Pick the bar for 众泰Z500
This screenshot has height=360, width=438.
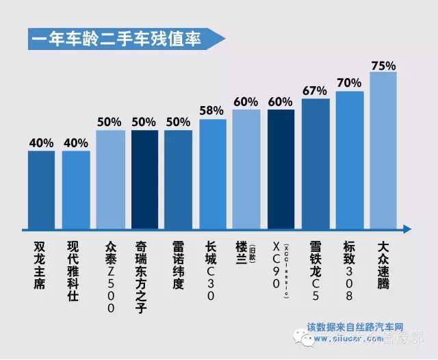tap(110, 179)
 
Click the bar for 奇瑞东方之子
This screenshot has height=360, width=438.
tap(144, 179)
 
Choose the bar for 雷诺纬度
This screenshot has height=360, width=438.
tap(178, 179)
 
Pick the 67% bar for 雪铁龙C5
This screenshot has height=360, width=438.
tap(315, 163)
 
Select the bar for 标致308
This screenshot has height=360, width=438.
tap(349, 159)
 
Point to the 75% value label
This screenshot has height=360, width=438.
tap(383, 66)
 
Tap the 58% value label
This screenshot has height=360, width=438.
tap(212, 110)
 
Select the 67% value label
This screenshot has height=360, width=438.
tap(315, 91)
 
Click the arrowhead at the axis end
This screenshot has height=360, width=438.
tap(407, 229)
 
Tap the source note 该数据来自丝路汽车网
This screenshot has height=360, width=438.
tap(356, 327)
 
